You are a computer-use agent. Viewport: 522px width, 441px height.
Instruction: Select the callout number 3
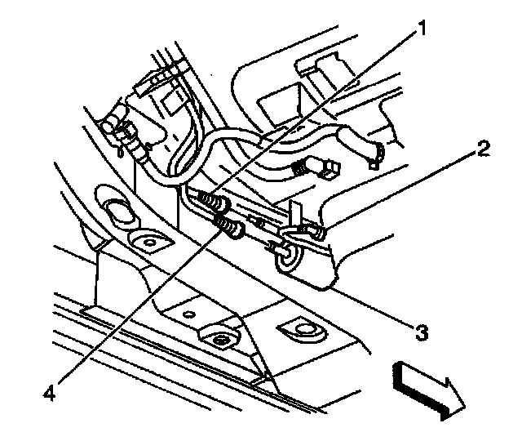421,332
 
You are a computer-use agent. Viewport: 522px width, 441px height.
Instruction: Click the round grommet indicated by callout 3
287,260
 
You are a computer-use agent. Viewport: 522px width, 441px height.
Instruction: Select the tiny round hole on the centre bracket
188,313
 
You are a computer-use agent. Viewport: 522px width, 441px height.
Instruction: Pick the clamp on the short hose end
376,153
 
